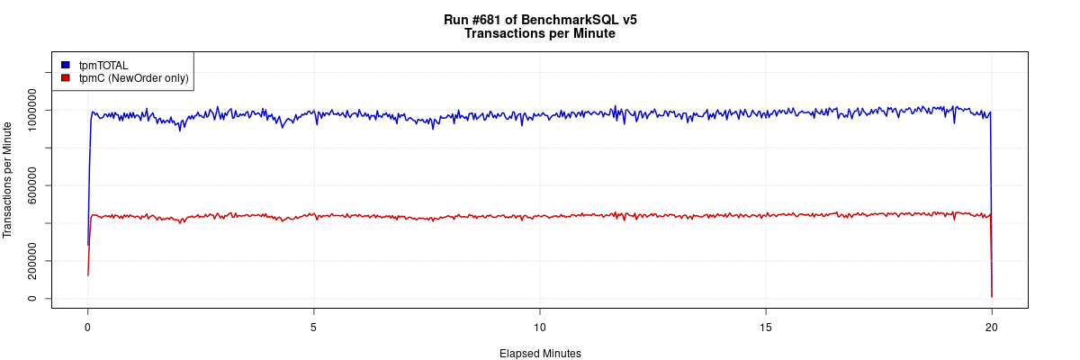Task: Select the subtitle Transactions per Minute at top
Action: (x=540, y=33)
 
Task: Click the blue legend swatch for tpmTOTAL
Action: (x=65, y=65)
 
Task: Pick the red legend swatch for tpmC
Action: (x=65, y=78)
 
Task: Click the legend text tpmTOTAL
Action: (x=103, y=65)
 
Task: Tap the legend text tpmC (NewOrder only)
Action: (x=133, y=78)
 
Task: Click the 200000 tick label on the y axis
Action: (x=33, y=261)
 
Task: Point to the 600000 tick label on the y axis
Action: (x=33, y=185)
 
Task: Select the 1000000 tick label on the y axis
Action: (x=33, y=110)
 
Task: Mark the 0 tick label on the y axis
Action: (x=33, y=298)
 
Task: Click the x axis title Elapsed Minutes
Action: (x=540, y=354)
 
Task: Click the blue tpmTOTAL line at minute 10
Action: (x=539, y=115)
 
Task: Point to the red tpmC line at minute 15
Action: (x=765, y=215)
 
